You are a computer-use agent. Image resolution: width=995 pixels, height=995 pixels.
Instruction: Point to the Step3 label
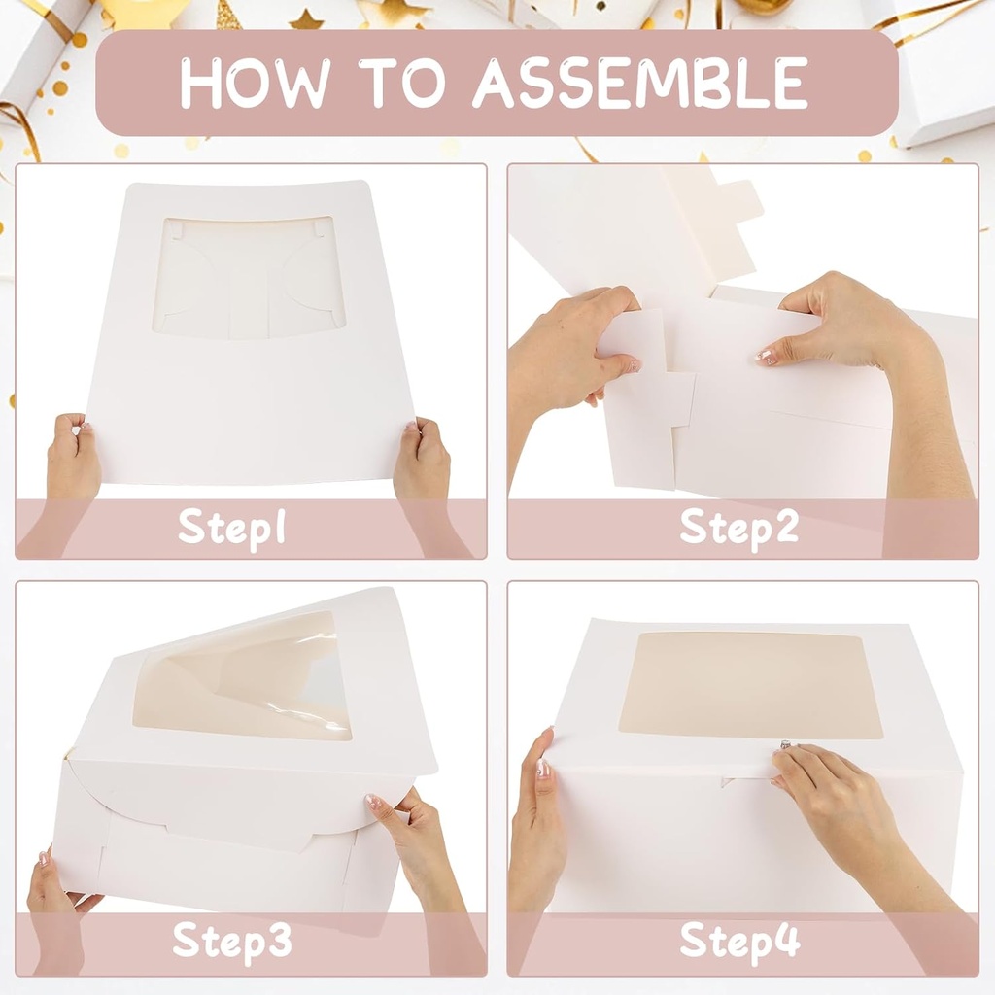[x=231, y=941]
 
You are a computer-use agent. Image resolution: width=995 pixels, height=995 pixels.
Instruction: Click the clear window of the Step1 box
[x=248, y=277]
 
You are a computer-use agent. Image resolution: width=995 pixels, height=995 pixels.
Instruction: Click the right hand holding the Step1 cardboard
[x=422, y=457]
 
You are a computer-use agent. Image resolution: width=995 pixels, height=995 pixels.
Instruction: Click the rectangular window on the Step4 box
[x=750, y=684]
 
